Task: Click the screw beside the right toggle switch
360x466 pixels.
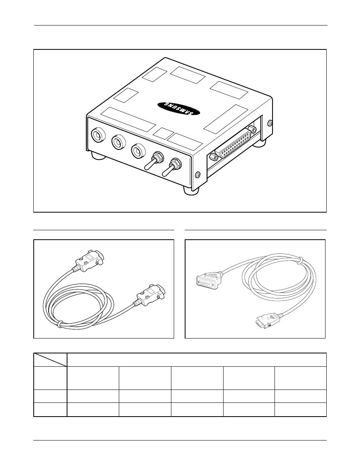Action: click(x=197, y=175)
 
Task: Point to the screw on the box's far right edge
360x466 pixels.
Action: click(x=270, y=122)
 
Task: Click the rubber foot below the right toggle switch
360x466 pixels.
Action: click(x=191, y=190)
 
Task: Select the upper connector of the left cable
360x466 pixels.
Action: click(x=89, y=260)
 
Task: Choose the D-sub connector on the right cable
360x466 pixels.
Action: click(x=209, y=279)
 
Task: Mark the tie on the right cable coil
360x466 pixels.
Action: click(x=301, y=260)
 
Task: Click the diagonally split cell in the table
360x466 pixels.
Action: click(x=50, y=360)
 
